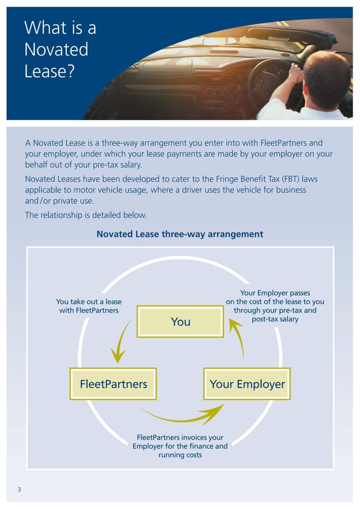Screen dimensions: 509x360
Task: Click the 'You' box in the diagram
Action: [181, 322]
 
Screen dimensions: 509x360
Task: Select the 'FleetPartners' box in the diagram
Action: [113, 384]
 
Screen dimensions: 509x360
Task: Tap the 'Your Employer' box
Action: [247, 384]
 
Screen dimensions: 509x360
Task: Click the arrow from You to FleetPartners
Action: [121, 343]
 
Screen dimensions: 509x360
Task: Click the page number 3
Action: [19, 489]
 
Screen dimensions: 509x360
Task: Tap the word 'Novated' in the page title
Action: [56, 50]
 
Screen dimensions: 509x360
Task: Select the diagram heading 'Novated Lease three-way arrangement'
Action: [180, 234]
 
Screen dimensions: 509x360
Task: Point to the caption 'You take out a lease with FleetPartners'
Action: [89, 306]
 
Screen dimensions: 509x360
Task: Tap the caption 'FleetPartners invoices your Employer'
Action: [180, 446]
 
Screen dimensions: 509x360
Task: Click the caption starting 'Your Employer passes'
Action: [275, 306]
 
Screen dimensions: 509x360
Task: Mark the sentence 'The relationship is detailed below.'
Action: [86, 215]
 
